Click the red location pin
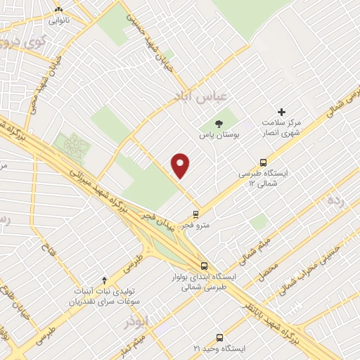(x=181, y=166)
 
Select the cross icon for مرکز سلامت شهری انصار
(x=282, y=112)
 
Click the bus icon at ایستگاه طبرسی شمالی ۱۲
(x=263, y=162)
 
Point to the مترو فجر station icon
(x=195, y=214)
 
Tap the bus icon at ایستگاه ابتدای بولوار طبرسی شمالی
(x=204, y=266)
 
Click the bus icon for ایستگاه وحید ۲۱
(x=219, y=337)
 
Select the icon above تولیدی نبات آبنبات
(x=105, y=280)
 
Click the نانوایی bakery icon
(x=58, y=10)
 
